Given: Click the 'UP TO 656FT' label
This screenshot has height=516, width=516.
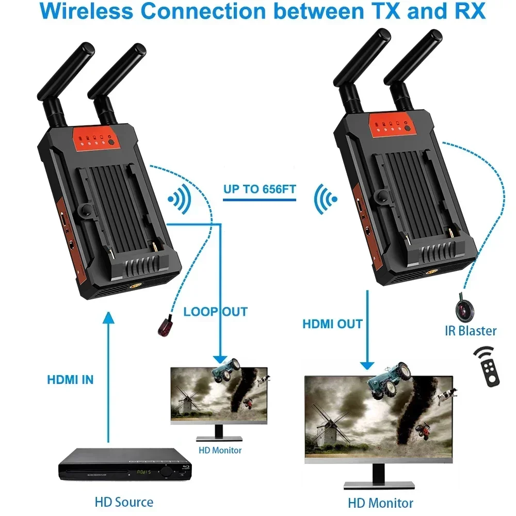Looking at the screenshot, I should (x=260, y=189).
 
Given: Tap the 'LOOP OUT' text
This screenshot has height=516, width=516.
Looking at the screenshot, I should (x=215, y=312).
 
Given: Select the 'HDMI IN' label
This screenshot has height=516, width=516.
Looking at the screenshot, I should (x=70, y=380).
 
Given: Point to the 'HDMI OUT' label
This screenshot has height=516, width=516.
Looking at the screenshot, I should (x=332, y=324).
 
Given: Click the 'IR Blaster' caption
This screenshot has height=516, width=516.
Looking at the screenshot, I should (x=471, y=331).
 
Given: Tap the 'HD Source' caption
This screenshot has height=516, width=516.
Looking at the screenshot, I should (x=124, y=502).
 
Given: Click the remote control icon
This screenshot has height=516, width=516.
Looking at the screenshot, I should (x=487, y=366).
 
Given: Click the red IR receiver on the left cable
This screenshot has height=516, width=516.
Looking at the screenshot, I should (x=166, y=326).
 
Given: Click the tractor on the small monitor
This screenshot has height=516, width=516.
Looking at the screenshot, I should (x=225, y=368).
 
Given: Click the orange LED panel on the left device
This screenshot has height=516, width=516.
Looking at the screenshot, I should (x=98, y=139).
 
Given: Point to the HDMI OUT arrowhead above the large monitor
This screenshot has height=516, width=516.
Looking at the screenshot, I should (x=367, y=365).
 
